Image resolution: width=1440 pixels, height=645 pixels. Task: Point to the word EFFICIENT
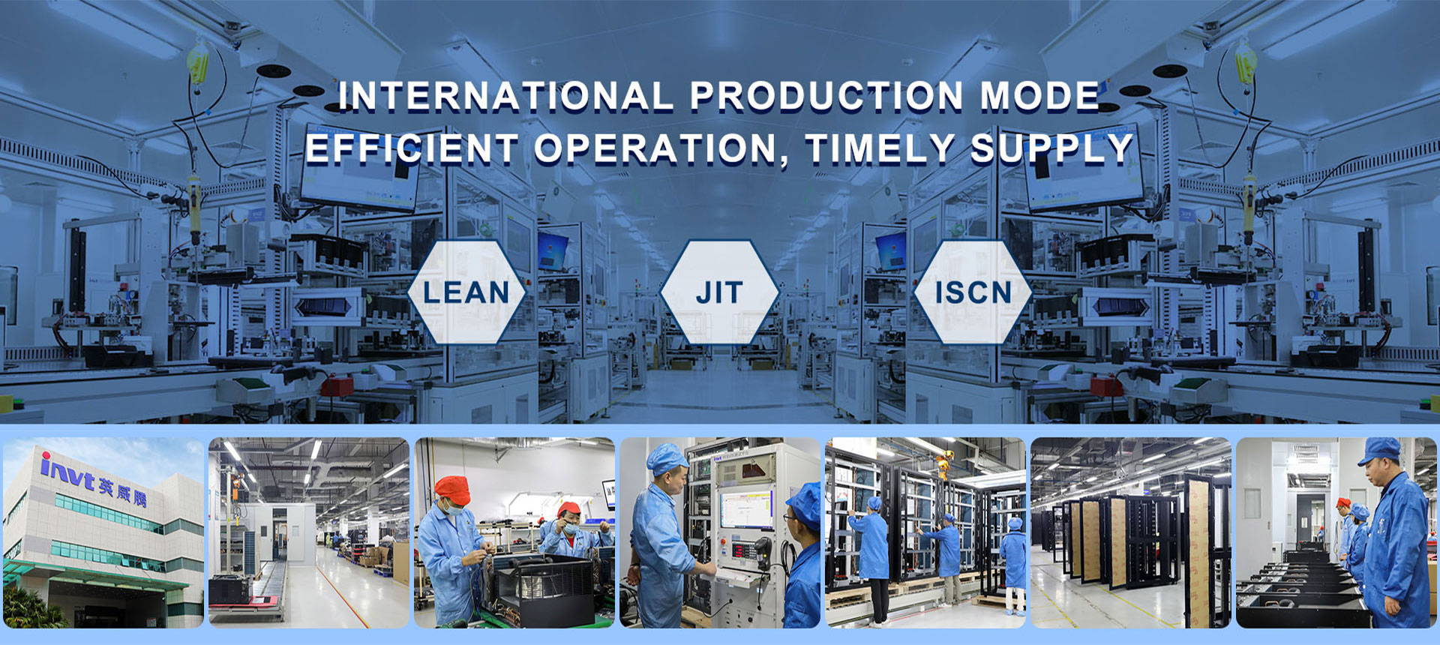pyautogui.click(x=412, y=148)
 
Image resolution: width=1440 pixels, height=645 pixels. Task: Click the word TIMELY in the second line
pyautogui.click(x=880, y=148)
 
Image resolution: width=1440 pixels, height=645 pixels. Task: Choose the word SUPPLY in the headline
pyautogui.click(x=1051, y=148)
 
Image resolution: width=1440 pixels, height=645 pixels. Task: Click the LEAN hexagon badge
pyautogui.click(x=466, y=292)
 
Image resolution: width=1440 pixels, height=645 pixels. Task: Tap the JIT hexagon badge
pyautogui.click(x=719, y=292)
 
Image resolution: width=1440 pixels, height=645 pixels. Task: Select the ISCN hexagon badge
pyautogui.click(x=973, y=292)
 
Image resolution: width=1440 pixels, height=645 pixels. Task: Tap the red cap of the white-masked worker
pyautogui.click(x=452, y=490)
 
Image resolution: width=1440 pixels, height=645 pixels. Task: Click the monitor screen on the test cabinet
pyautogui.click(x=747, y=511)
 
